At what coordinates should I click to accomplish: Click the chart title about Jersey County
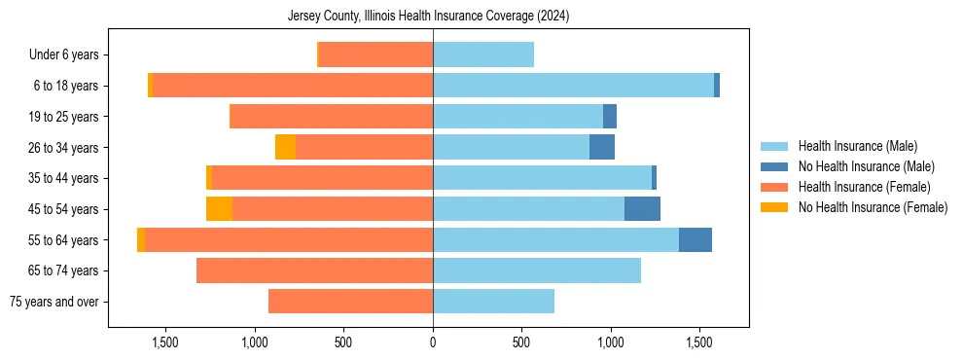click(x=428, y=17)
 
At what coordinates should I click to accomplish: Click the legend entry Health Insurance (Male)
click(x=857, y=147)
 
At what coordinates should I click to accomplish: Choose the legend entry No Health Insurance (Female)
click(x=873, y=207)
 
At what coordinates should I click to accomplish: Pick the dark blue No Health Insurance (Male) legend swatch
click(x=774, y=167)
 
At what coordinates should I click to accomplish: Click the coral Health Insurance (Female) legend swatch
click(x=774, y=187)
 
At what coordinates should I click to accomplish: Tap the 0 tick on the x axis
click(x=433, y=343)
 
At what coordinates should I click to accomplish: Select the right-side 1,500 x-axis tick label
click(x=700, y=343)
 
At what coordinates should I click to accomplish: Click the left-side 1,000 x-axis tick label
click(x=254, y=343)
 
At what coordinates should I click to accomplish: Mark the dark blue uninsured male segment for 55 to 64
click(x=695, y=239)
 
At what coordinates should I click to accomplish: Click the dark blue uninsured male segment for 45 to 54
click(x=642, y=209)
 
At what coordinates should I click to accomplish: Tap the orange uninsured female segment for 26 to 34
click(x=285, y=147)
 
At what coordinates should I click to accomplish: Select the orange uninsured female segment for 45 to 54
click(x=219, y=209)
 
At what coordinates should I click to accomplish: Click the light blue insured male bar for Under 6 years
click(x=483, y=55)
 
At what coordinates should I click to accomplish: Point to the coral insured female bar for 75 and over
click(x=350, y=302)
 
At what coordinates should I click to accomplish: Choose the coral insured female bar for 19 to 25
click(x=331, y=117)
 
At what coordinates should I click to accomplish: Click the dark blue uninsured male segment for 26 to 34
click(x=602, y=147)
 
